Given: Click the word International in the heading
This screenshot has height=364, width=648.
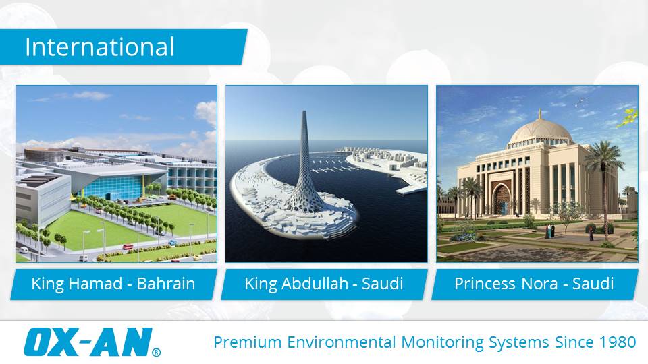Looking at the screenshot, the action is point(100,47).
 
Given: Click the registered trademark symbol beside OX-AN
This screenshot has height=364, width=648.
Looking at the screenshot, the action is point(156,352).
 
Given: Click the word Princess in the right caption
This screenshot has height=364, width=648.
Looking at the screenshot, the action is point(485,284).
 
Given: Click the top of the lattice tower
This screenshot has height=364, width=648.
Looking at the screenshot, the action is point(304,113).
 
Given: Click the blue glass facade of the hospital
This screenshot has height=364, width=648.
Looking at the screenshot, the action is point(117,187).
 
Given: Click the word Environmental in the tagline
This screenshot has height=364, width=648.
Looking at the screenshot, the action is point(342,342).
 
